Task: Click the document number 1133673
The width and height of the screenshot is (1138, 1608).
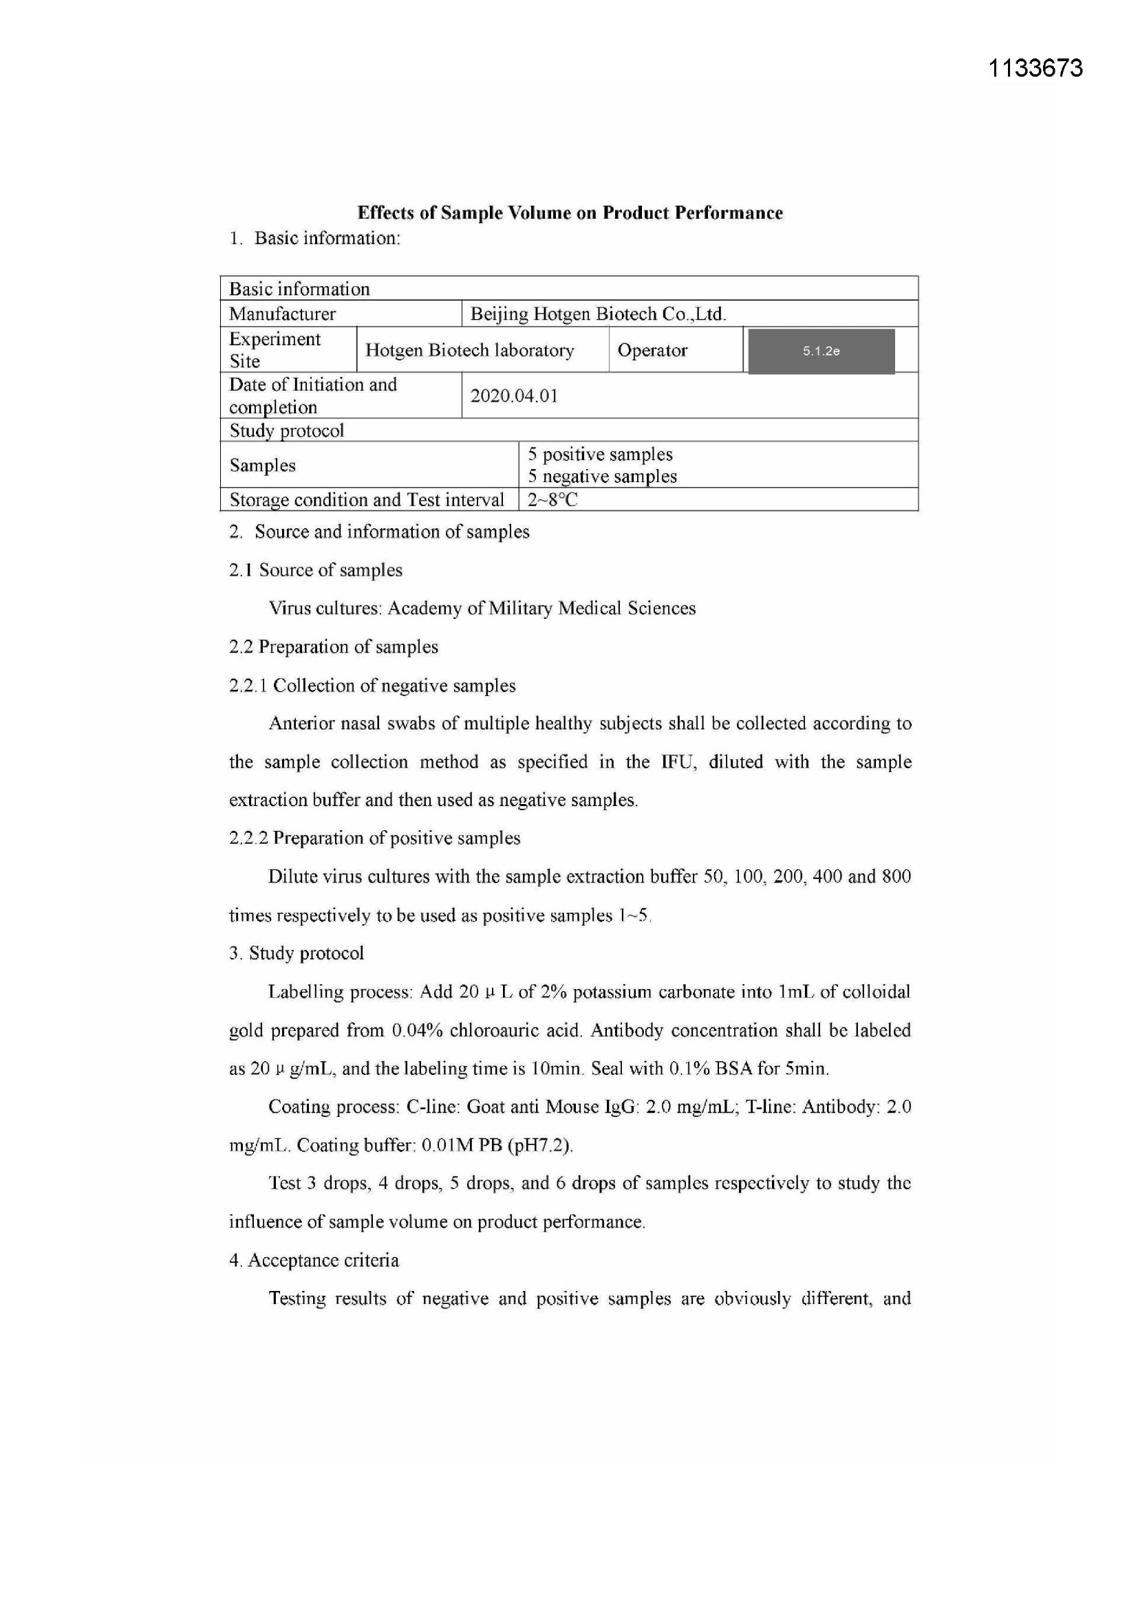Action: click(1035, 68)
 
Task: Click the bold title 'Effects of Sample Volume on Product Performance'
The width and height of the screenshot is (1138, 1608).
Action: click(570, 213)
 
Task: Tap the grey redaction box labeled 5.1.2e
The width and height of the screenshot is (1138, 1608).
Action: click(822, 351)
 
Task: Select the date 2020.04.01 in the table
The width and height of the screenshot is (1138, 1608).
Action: click(514, 395)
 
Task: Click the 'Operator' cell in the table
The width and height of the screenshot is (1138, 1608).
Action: click(652, 350)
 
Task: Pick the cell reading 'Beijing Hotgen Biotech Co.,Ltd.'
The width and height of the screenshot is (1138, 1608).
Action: click(598, 314)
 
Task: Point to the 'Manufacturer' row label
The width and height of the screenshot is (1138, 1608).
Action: click(282, 314)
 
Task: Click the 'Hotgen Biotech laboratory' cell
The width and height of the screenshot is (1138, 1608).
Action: click(469, 350)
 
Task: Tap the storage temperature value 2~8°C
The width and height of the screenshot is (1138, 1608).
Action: click(552, 500)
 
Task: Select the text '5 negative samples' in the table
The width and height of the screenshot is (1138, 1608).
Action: click(602, 476)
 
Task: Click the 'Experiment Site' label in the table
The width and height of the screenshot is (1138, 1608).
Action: click(274, 349)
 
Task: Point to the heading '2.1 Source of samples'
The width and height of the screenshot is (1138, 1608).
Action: click(316, 570)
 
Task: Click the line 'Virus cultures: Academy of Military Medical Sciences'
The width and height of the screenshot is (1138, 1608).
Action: click(482, 608)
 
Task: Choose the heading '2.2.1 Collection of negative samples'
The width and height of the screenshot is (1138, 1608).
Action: click(372, 685)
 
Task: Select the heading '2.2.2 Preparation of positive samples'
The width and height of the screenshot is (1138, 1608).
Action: click(375, 838)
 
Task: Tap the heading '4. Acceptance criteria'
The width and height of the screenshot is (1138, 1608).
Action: click(314, 1260)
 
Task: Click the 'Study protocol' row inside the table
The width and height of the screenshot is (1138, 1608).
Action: click(287, 430)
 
